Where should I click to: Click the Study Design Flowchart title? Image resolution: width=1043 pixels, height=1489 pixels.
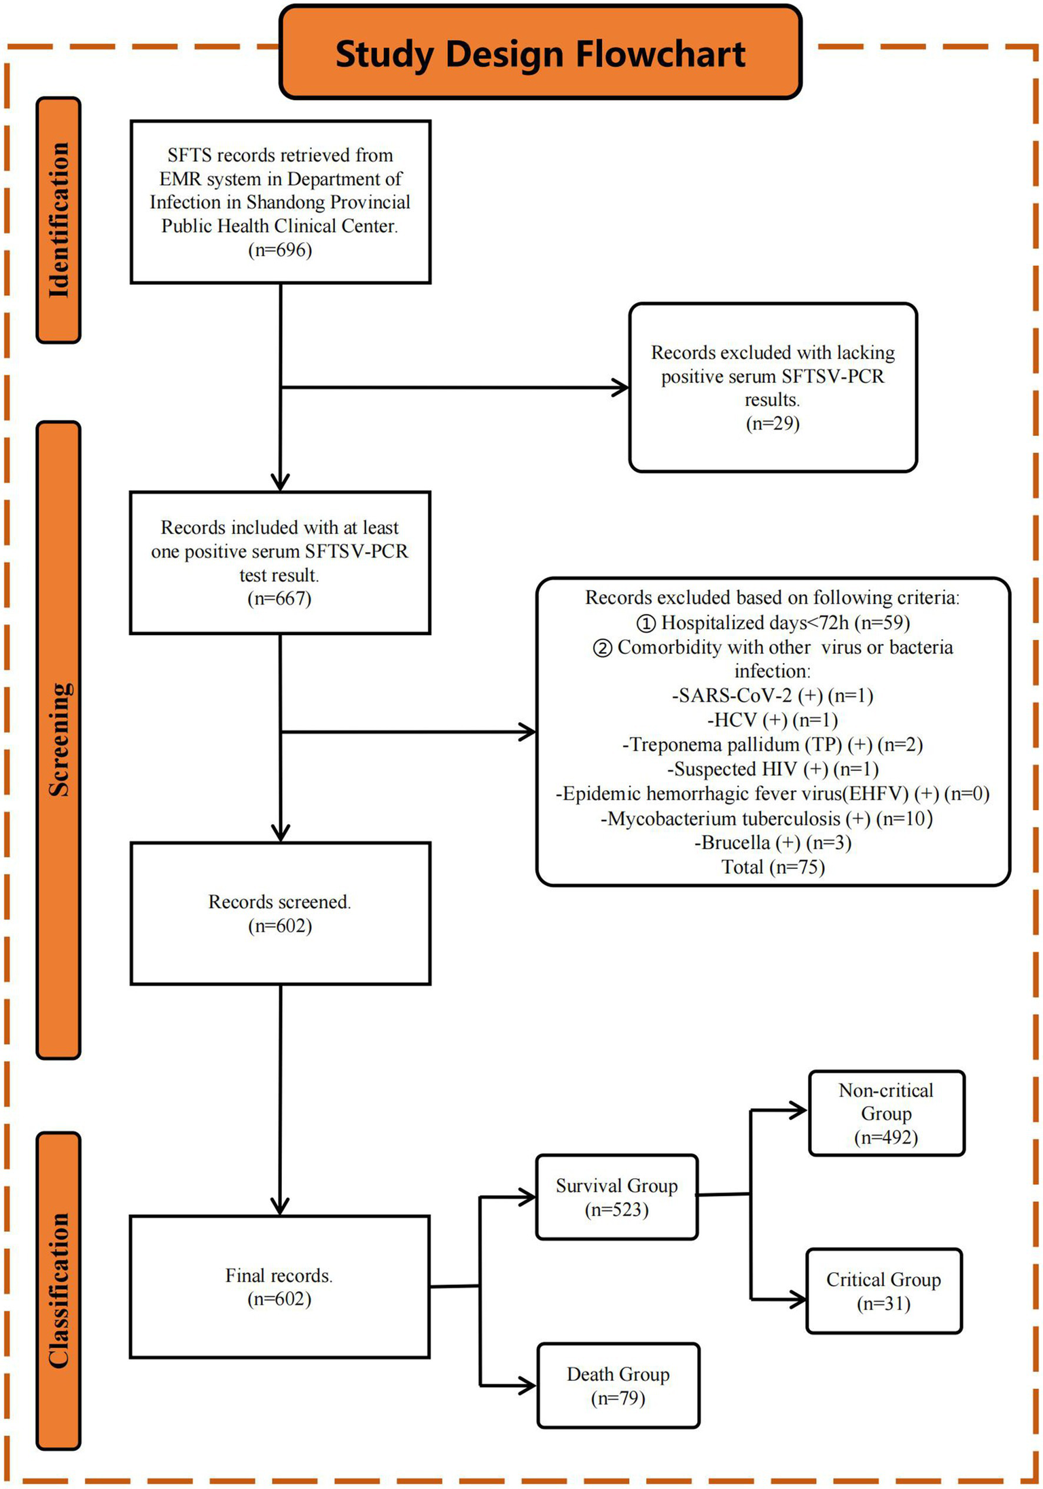coord(540,54)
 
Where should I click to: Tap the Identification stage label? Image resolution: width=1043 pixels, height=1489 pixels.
coord(58,220)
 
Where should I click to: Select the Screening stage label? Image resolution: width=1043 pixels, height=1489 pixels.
coord(58,740)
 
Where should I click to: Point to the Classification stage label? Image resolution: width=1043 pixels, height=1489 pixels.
coord(58,1290)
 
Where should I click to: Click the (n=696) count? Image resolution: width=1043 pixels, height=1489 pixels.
coord(280,250)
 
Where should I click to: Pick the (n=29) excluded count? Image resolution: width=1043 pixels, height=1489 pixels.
coord(773,424)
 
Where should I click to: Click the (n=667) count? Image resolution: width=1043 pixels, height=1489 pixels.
coord(279,599)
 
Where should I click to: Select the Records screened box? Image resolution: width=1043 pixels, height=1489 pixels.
coord(280,913)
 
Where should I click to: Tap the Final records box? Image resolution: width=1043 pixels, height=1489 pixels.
coord(279,1287)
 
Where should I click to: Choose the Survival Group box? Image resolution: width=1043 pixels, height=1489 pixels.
coord(617,1197)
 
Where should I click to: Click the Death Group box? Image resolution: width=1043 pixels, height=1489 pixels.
coord(618,1386)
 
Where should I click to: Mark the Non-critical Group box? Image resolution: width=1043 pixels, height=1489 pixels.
coord(887,1114)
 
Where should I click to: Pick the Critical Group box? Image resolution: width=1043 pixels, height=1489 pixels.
coord(884,1291)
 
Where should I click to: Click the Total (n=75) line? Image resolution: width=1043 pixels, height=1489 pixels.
coord(773,868)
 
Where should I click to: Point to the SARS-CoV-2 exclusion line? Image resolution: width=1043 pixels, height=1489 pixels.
coord(773,696)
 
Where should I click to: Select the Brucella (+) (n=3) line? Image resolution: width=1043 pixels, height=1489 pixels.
coord(773,843)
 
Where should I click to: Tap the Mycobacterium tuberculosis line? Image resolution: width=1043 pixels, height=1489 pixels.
coord(767,819)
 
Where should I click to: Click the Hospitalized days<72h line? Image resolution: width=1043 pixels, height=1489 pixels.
coord(773,623)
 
